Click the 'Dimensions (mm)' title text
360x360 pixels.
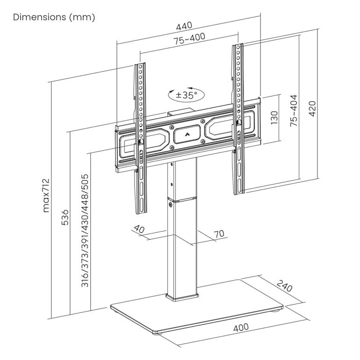(x=54, y=17)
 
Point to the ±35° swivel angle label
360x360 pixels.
(x=187, y=95)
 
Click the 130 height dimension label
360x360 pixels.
(x=274, y=118)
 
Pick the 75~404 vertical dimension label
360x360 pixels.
(x=293, y=111)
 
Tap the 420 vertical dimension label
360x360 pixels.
(x=312, y=109)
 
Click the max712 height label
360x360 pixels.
(x=46, y=195)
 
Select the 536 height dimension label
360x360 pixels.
(x=65, y=217)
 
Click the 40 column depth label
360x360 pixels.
(x=138, y=229)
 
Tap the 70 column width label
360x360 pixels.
(x=219, y=233)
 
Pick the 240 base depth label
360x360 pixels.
(x=284, y=286)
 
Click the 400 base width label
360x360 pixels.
(x=240, y=327)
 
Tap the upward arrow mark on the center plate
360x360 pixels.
(x=187, y=135)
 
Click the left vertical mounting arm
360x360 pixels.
(x=139, y=140)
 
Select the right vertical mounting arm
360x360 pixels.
(x=238, y=117)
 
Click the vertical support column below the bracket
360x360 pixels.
(x=182, y=243)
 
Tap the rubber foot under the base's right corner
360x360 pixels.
(x=276, y=311)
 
